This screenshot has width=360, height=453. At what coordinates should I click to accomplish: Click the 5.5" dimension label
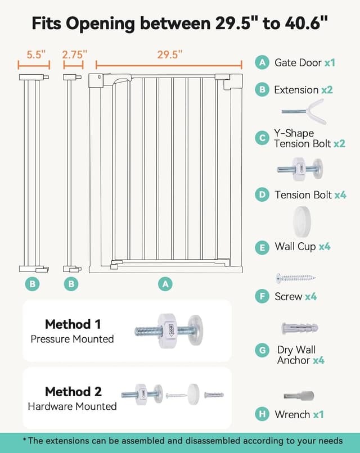(x=36, y=55)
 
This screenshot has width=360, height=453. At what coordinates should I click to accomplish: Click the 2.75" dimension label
(x=75, y=55)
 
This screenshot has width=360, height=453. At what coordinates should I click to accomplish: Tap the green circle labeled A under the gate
(x=165, y=284)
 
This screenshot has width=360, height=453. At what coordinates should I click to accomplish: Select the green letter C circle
(x=262, y=138)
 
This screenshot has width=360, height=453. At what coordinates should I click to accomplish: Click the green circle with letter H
(x=262, y=414)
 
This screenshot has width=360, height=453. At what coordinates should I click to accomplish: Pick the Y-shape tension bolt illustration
(x=304, y=111)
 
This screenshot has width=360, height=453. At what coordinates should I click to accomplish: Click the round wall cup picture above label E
(x=302, y=222)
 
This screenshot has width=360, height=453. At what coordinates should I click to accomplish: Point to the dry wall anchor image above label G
(x=300, y=328)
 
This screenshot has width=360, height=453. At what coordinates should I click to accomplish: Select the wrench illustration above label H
(x=299, y=396)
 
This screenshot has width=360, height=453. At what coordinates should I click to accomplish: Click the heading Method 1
(x=73, y=324)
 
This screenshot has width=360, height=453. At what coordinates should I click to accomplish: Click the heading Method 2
(x=73, y=392)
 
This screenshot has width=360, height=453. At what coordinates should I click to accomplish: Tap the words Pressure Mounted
(x=73, y=339)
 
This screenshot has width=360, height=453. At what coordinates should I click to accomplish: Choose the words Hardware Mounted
(x=73, y=406)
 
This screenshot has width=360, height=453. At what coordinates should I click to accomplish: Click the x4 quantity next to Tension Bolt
(x=340, y=195)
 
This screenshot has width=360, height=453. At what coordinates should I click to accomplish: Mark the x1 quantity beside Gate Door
(x=330, y=63)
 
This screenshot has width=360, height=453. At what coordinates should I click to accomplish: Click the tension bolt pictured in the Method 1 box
(x=169, y=330)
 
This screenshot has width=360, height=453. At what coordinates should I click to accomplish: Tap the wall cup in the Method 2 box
(x=193, y=394)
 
